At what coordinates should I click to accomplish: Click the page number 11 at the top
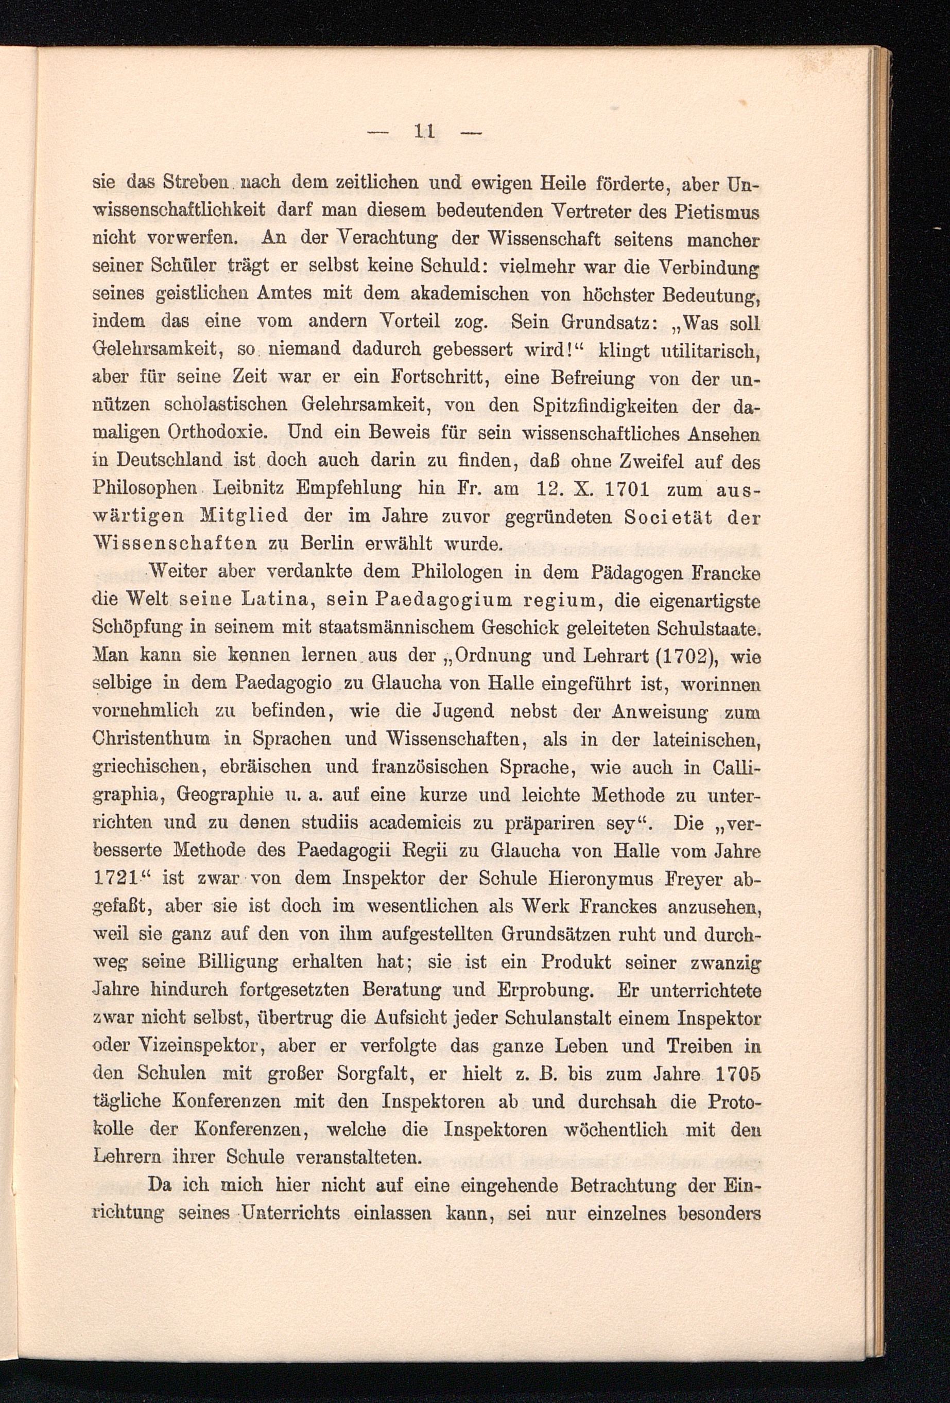(x=425, y=131)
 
